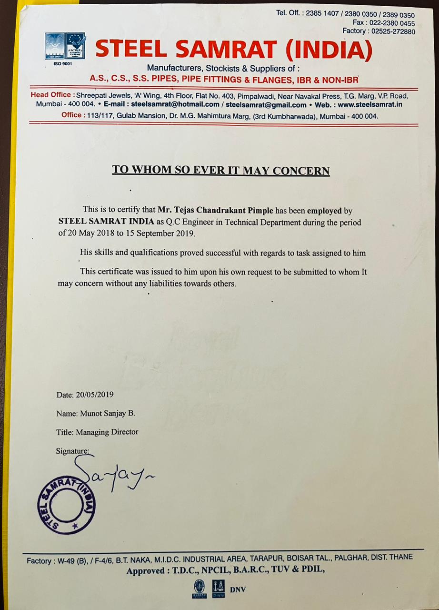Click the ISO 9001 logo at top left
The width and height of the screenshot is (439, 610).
pos(54,46)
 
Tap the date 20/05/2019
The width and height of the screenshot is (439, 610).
pos(95,395)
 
